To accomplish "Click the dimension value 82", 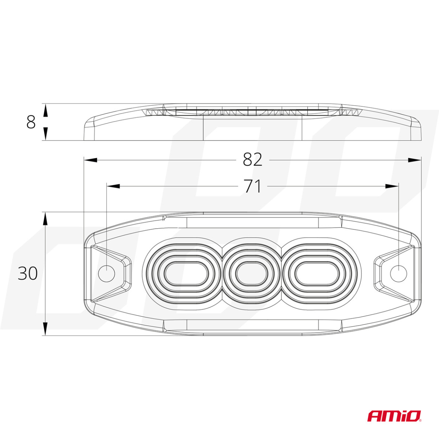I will point(252,160).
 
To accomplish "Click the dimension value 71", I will point(252,186).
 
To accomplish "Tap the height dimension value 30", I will point(28,273).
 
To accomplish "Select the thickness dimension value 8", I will point(31,122).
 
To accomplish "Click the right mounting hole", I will point(398,273).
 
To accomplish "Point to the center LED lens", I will point(252,273).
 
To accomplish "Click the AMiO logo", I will point(394,416).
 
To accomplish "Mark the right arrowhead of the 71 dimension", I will point(392,186).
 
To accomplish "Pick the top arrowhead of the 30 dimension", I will point(45,219).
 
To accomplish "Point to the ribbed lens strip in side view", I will point(252,112).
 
